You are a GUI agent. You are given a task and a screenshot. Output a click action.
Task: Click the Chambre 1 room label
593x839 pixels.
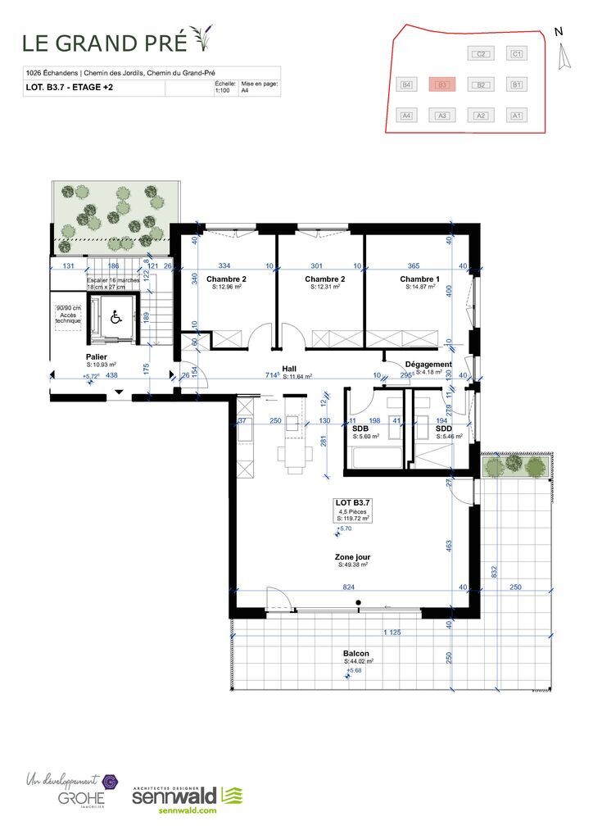419,279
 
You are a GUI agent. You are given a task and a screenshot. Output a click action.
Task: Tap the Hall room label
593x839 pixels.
289,369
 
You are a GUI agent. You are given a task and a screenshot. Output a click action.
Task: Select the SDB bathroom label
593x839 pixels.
360,429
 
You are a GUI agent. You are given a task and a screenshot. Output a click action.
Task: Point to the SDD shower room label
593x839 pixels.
443,429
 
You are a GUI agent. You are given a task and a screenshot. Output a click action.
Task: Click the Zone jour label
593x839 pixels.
352,556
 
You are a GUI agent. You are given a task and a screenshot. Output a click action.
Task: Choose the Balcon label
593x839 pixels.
356,653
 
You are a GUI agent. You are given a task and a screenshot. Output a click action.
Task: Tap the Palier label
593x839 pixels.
97,357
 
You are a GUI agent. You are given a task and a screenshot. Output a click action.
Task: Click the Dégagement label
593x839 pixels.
428,365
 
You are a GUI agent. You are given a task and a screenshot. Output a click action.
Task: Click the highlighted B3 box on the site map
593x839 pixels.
441,84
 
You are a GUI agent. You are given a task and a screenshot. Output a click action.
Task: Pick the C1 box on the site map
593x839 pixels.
516,54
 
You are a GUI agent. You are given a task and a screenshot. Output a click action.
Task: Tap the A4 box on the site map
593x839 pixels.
405,116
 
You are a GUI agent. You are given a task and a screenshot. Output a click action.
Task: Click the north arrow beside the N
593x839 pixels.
562,56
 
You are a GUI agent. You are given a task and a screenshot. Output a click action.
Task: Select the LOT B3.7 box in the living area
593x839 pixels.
353,510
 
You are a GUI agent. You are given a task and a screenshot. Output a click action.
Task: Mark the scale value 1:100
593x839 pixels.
222,92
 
